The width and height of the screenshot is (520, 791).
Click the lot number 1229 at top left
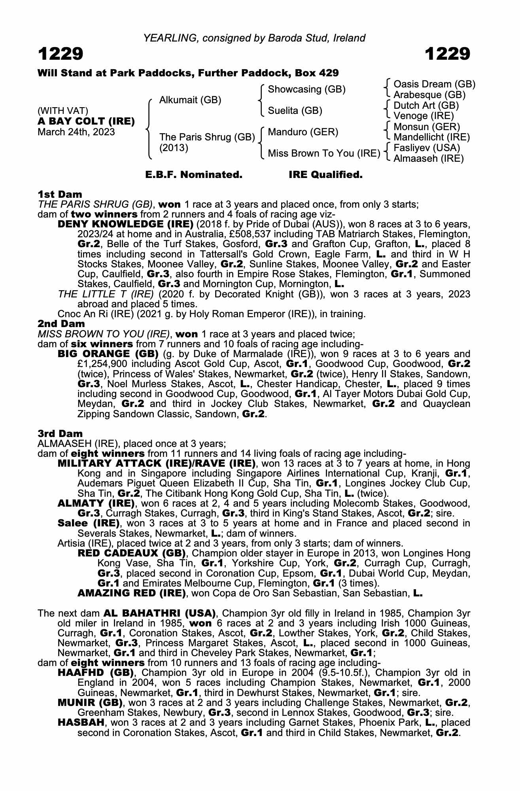61,54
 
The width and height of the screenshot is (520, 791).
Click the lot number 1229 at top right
448,54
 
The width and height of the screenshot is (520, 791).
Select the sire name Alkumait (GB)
190,100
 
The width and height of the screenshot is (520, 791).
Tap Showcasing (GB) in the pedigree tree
306,89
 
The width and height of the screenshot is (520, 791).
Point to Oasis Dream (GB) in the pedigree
434,84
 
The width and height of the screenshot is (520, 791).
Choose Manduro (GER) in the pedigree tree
303,132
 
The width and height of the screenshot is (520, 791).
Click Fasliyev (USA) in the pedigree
427,148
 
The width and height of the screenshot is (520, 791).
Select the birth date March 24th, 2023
76,132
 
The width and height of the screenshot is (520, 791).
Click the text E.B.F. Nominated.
194,175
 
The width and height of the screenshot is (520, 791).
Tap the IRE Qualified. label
325,175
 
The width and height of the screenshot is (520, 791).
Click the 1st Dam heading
60,194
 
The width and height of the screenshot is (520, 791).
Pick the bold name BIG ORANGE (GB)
108,354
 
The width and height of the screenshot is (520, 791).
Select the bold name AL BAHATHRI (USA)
159,613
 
